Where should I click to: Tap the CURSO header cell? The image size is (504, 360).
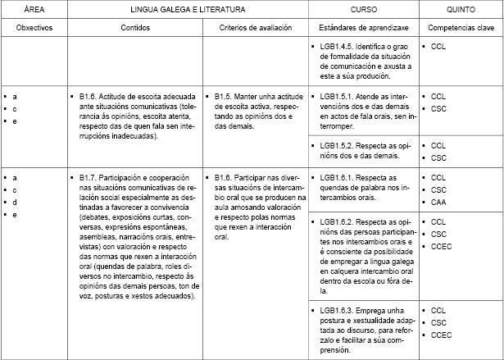point(364,8)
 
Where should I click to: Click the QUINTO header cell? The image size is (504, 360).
point(461,8)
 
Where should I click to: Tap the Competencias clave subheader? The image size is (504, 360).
point(461,28)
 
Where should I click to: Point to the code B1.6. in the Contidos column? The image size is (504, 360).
point(89,96)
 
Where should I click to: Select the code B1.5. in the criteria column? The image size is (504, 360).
point(224,96)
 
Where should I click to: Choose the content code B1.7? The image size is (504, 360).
point(89,177)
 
